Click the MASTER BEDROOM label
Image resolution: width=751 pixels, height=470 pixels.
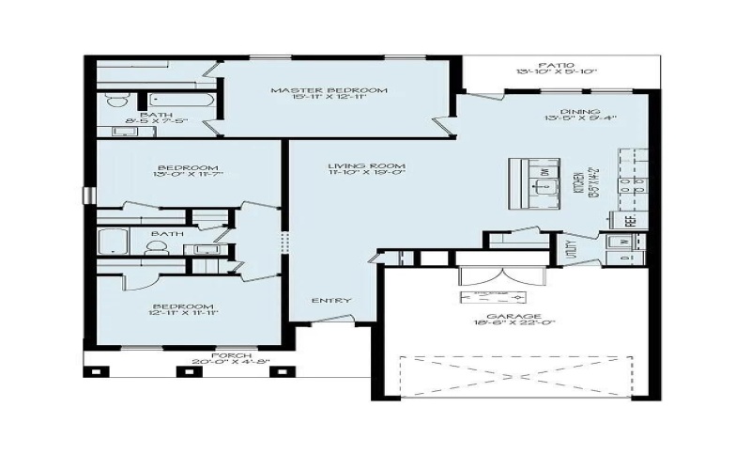(329, 90)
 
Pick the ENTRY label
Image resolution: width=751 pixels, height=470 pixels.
(332, 301)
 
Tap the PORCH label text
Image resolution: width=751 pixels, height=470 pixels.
(230, 354)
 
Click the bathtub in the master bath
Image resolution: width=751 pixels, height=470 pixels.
(183, 100)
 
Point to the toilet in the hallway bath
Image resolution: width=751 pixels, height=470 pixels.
(156, 247)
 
